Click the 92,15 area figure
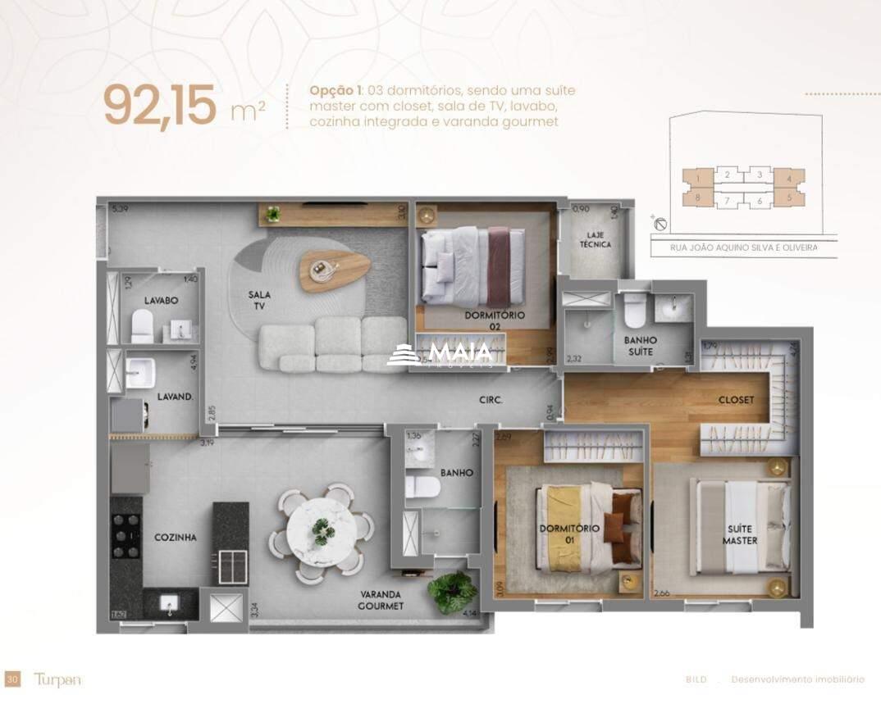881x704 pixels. pyautogui.click(x=160, y=106)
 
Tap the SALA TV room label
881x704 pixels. pyautogui.click(x=260, y=300)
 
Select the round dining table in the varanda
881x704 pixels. pyautogui.click(x=322, y=529)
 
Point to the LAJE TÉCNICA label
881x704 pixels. pyautogui.click(x=595, y=238)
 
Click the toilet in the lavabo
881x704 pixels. pyautogui.click(x=143, y=325)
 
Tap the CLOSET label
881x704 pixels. pyautogui.click(x=736, y=400)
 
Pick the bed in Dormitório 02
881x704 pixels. pyautogui.click(x=472, y=266)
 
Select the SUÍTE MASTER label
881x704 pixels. pyautogui.click(x=740, y=536)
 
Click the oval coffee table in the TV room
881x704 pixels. pyautogui.click(x=334, y=268)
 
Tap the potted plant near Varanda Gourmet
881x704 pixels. pyautogui.click(x=451, y=591)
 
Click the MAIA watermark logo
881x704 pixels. pyautogui.click(x=441, y=353)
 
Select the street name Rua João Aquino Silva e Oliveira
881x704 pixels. pyautogui.click(x=744, y=248)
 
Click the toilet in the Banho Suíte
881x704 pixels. pyautogui.click(x=635, y=311)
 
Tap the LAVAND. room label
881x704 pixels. pyautogui.click(x=174, y=396)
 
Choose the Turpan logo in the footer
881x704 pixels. pyautogui.click(x=58, y=679)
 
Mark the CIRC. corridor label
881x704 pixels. pyautogui.click(x=491, y=401)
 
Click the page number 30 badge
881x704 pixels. pyautogui.click(x=12, y=679)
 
